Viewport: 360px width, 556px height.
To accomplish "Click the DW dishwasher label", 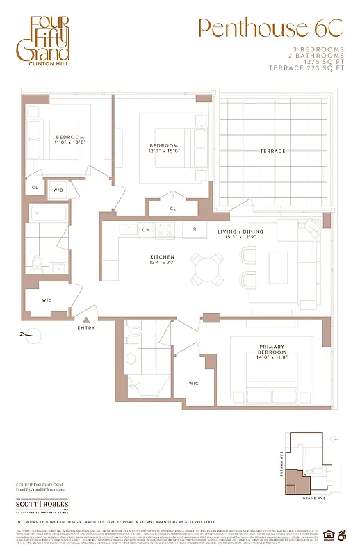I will tap(147, 229).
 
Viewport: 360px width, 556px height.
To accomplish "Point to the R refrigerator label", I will tap(195, 229).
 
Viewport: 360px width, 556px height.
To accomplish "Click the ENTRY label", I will tap(87, 328).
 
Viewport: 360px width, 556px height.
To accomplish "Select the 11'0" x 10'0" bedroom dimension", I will tap(70, 142).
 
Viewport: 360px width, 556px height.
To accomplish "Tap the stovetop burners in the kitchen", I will tap(167, 229).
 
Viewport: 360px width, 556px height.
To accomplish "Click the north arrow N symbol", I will tap(24, 335).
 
